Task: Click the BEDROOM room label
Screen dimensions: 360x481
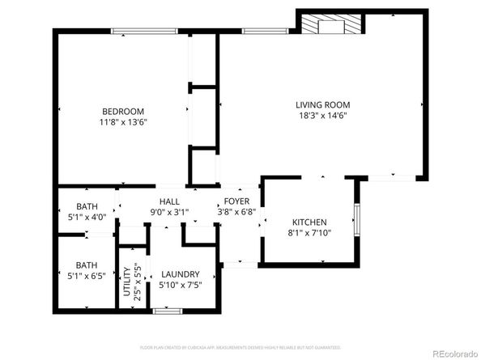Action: [x=123, y=112]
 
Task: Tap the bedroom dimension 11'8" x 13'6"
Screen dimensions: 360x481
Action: [x=123, y=123]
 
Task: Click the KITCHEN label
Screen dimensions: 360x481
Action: [x=309, y=222]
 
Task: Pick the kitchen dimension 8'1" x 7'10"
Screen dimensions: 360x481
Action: [x=309, y=234]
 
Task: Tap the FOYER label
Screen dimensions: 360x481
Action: [x=236, y=201]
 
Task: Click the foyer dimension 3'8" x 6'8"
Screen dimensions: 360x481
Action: [x=236, y=212]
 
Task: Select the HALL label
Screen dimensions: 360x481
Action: [x=169, y=201]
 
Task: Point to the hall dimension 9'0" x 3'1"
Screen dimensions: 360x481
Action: [x=169, y=212]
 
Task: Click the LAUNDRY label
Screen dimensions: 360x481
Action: [x=180, y=274]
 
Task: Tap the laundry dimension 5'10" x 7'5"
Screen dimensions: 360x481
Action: [x=180, y=286]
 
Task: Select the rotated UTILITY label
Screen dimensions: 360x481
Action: [x=126, y=287]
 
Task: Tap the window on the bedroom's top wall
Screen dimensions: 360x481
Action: [x=145, y=32]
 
